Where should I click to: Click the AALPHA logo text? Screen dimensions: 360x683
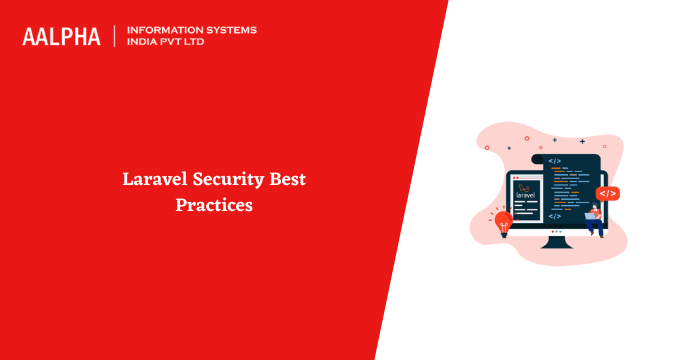tap(61, 36)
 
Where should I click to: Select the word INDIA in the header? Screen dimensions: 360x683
tap(145, 43)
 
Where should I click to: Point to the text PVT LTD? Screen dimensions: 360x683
tap(194, 43)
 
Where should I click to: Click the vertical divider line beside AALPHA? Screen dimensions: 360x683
tap(114, 36)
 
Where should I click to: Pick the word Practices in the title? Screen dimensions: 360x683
tap(214, 206)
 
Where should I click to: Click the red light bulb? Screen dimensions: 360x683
tap(503, 221)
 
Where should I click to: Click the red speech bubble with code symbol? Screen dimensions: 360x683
tap(608, 193)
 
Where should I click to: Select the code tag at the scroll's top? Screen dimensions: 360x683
tap(555, 161)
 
